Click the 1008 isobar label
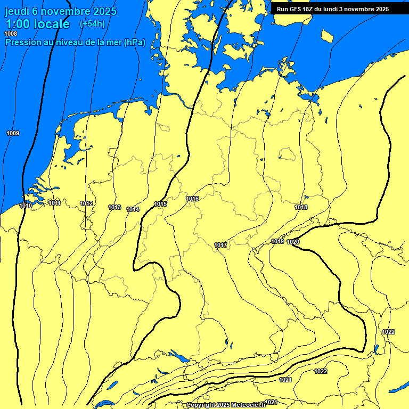point(11,34)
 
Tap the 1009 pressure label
point(13,133)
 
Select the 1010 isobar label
point(26,206)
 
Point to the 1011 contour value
point(54,203)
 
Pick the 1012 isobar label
point(87,203)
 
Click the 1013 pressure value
point(114,207)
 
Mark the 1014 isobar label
point(133,209)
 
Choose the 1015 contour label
point(160,204)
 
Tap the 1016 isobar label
point(192,199)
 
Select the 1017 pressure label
point(221,245)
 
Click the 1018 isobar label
point(301,207)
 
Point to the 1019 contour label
point(277,241)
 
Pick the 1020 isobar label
point(293,242)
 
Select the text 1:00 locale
point(37,24)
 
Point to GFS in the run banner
point(297,9)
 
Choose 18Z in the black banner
point(310,9)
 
